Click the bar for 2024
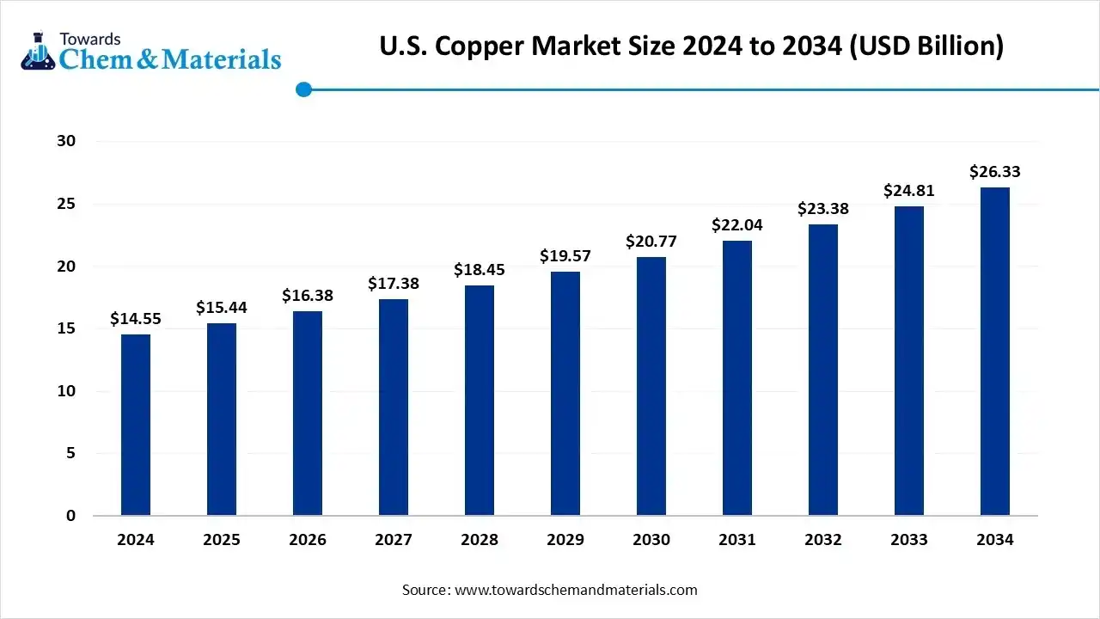point(136,425)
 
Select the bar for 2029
point(565,394)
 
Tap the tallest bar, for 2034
point(995,352)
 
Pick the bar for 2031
point(737,378)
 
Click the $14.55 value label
point(136,319)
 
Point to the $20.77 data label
point(651,242)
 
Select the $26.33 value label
point(995,172)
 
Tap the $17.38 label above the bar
point(394,283)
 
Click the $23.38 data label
point(823,209)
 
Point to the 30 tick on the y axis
point(66,141)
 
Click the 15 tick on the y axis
point(66,328)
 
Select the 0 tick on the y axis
point(71,516)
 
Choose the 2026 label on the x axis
point(308,540)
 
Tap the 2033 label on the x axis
point(909,540)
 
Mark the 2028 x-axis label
point(480,540)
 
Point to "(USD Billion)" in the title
point(927,46)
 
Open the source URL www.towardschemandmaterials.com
point(576,590)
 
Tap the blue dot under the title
point(303,89)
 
